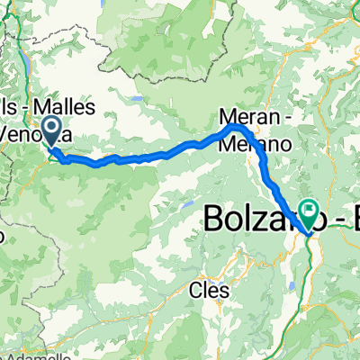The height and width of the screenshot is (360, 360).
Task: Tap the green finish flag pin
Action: pyautogui.click(x=310, y=213)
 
